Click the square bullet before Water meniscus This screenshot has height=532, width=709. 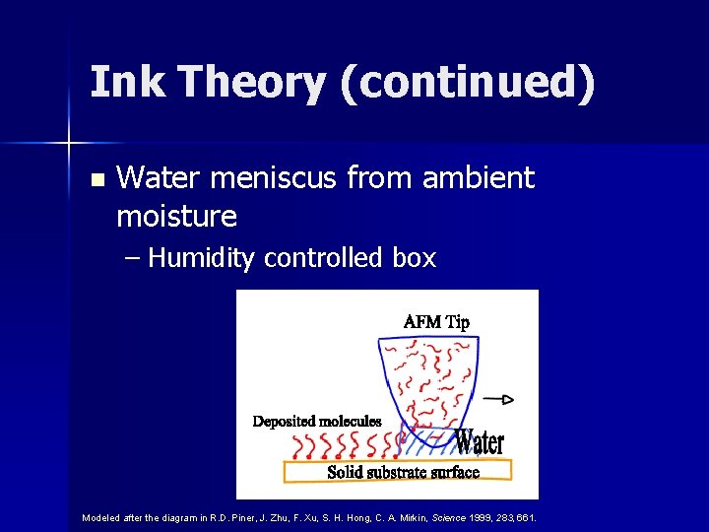[x=96, y=180]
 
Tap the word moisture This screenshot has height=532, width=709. [x=176, y=215]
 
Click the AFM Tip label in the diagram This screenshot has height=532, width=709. [x=436, y=322]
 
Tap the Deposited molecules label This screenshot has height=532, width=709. [x=317, y=422]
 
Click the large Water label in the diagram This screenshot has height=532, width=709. [x=480, y=442]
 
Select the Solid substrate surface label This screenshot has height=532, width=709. [x=403, y=472]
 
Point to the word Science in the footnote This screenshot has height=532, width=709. [x=451, y=517]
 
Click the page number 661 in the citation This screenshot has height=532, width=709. [x=527, y=517]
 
